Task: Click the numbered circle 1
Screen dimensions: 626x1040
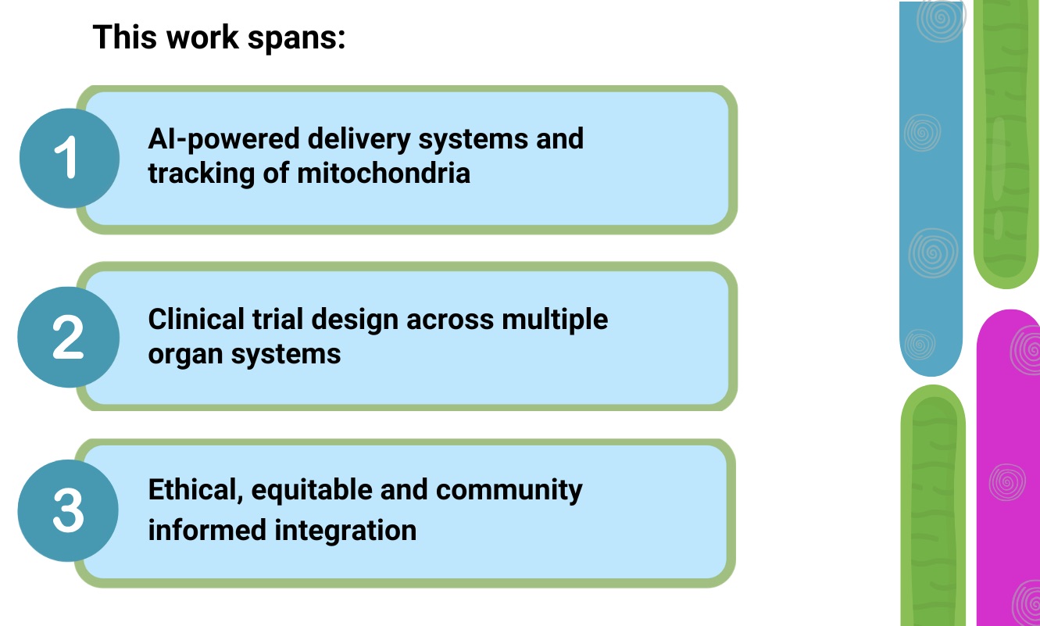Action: pos(69,158)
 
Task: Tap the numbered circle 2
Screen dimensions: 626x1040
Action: pos(69,337)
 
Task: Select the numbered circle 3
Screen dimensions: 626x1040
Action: pos(69,511)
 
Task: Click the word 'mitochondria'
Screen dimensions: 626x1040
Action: pos(384,173)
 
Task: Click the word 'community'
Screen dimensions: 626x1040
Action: pos(509,490)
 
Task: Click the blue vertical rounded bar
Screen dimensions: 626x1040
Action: pos(931,188)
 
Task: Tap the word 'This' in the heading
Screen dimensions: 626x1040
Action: pos(122,37)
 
